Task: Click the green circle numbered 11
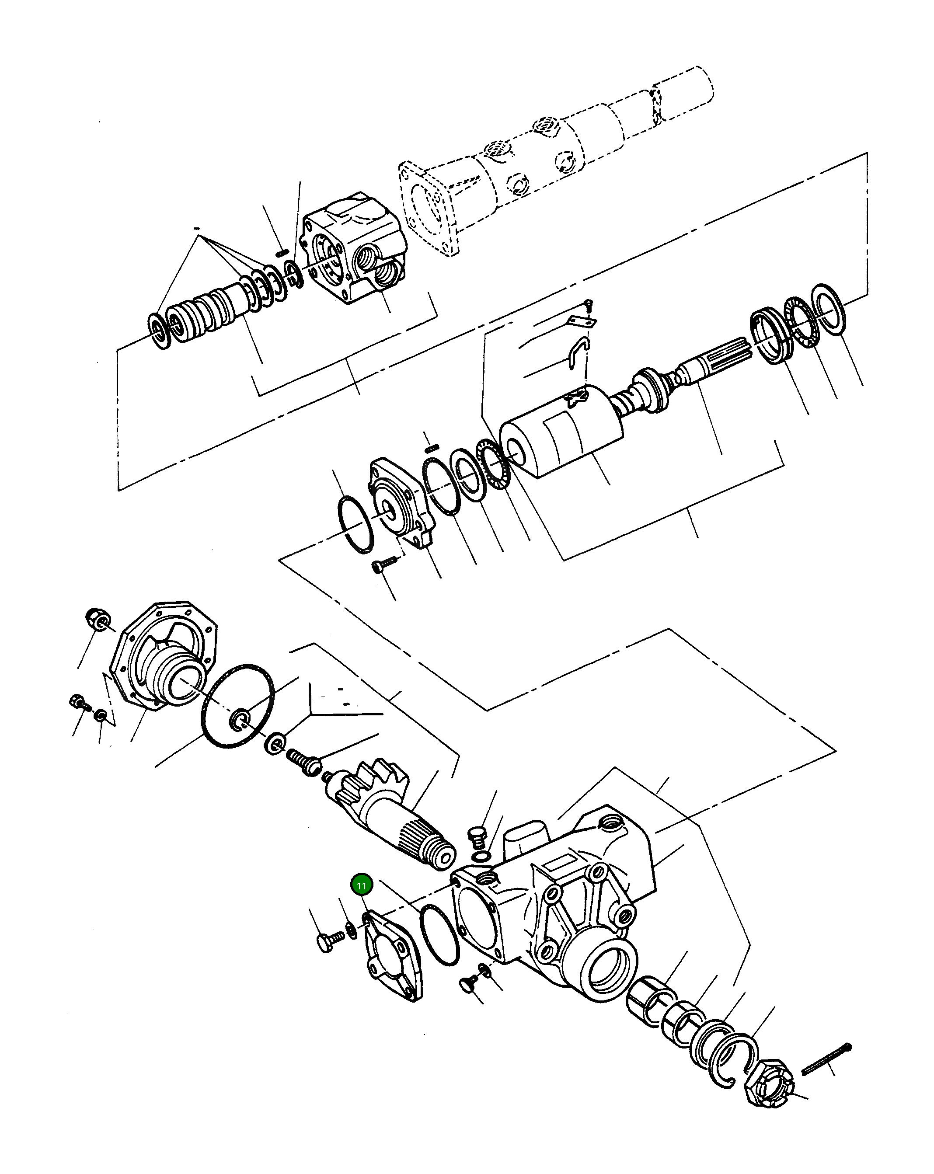[362, 885]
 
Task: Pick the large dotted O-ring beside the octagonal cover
[238, 705]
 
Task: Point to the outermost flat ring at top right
[828, 309]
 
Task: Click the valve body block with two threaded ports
[354, 248]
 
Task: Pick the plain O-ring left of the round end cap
[355, 524]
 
